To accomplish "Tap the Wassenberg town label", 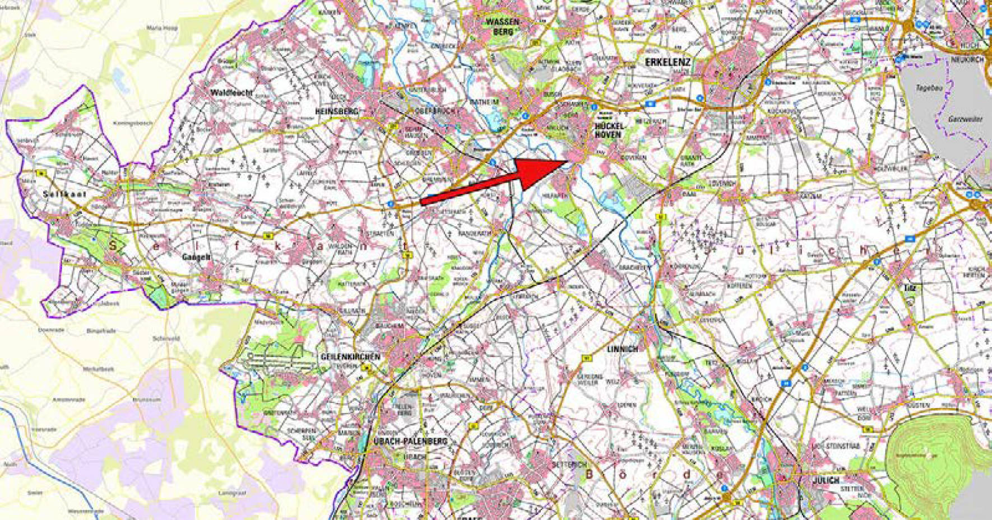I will pos(503,27).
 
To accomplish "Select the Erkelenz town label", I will pos(667,62).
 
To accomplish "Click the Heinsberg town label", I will pos(336,112).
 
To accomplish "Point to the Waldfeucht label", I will pos(231,92).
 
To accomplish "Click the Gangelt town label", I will pos(196,257).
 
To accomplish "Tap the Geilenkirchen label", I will pos(350,357).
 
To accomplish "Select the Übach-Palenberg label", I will pos(410,441).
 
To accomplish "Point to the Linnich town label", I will pos(622,349).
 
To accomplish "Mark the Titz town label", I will pos(909,288).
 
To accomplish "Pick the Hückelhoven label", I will pos(608,130).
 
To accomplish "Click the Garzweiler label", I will pos(965,119).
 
